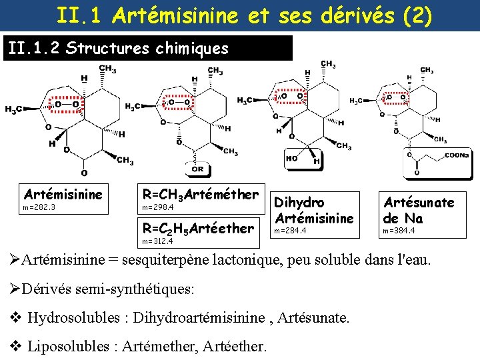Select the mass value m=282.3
[39, 207]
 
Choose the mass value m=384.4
[399, 231]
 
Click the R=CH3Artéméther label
[200, 194]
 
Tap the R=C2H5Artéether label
[198, 228]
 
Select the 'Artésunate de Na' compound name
[418, 209]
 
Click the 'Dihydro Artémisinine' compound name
[314, 209]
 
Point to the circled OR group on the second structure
[197, 169]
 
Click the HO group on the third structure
[292, 159]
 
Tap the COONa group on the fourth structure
[457, 155]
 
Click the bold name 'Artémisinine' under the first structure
[63, 194]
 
